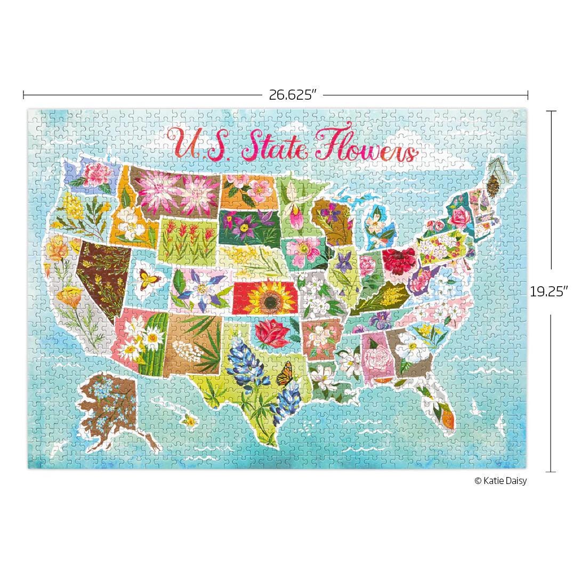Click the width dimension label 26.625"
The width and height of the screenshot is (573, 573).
[292, 95]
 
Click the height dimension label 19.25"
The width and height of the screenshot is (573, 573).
[548, 292]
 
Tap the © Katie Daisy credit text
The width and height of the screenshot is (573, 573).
[500, 481]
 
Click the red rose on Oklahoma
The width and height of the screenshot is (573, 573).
[271, 332]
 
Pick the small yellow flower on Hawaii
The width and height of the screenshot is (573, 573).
[189, 421]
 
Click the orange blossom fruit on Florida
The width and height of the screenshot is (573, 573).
[446, 413]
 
